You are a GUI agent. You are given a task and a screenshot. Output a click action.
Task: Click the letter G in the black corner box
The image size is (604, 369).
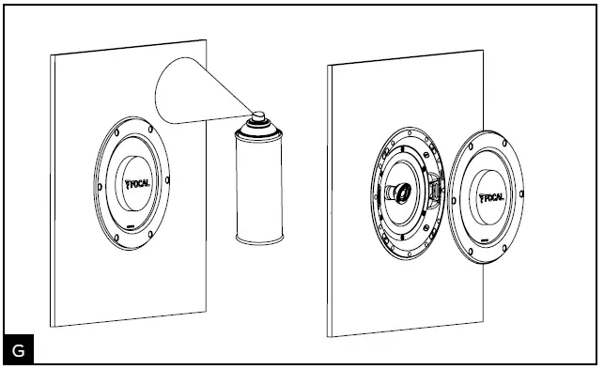click(x=18, y=350)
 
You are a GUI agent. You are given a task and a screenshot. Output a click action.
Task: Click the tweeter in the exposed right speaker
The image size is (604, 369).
click(x=398, y=192)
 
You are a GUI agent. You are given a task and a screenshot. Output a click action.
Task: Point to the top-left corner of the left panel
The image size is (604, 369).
click(x=53, y=55)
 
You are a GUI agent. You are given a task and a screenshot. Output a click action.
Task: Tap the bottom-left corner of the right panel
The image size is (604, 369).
click(x=330, y=335)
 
